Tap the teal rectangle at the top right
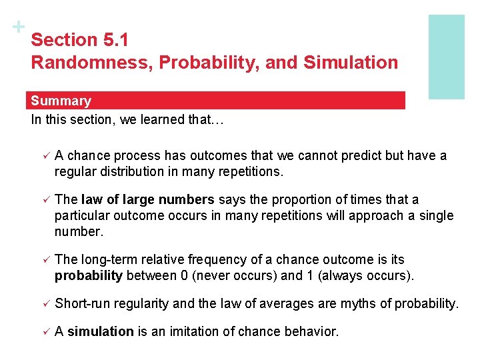coord(446,57)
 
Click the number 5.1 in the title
coord(116,40)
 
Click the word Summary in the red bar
coord(61,101)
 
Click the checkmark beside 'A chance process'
coord(45,156)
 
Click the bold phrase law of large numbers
coord(147,199)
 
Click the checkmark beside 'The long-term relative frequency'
coord(45,260)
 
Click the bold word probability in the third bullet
coord(89,275)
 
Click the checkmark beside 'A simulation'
coord(45,332)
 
